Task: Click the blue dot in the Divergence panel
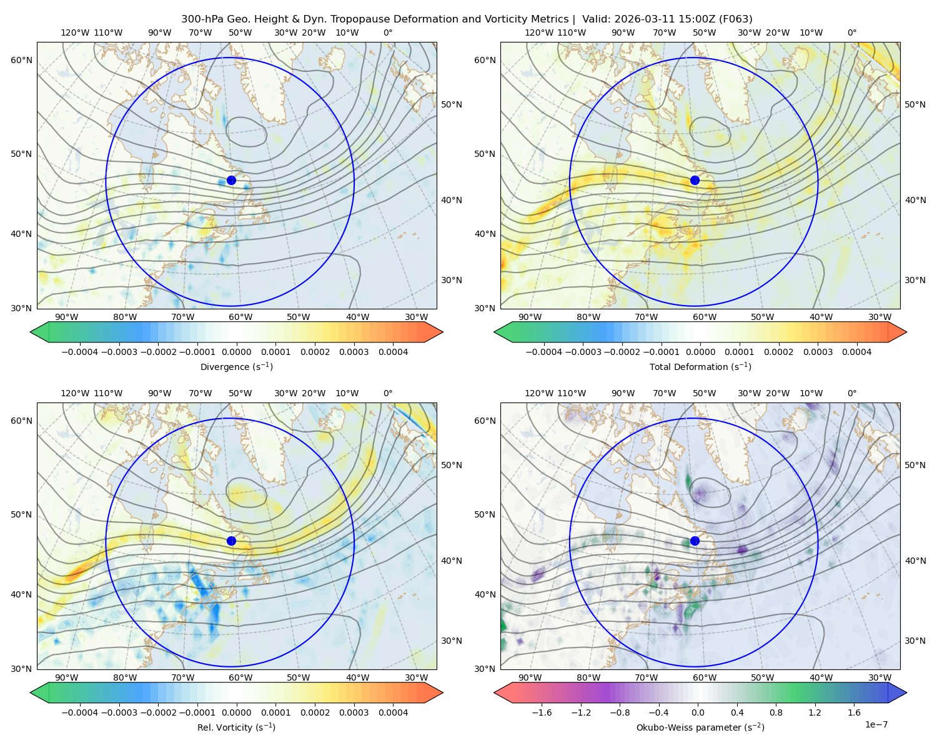click(x=231, y=181)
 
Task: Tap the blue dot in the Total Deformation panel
click(x=695, y=181)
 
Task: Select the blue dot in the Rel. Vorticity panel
click(x=231, y=541)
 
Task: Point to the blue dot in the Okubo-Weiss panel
click(x=695, y=541)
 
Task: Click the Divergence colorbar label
click(x=236, y=367)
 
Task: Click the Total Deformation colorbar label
click(x=700, y=367)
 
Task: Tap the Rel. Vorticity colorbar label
click(x=236, y=727)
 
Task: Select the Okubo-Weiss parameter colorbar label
click(x=700, y=727)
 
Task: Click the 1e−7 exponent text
click(x=876, y=724)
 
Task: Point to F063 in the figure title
click(x=735, y=19)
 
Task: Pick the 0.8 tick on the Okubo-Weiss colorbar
click(x=776, y=712)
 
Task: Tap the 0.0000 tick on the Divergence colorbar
click(x=236, y=352)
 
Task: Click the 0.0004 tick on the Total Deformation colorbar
click(x=856, y=352)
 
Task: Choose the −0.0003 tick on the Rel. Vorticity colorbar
click(x=119, y=712)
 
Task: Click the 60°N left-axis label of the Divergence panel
click(x=21, y=60)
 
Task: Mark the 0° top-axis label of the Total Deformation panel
click(x=851, y=32)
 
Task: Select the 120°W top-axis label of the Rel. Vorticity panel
click(x=75, y=393)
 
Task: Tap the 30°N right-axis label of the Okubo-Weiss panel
click(x=915, y=641)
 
